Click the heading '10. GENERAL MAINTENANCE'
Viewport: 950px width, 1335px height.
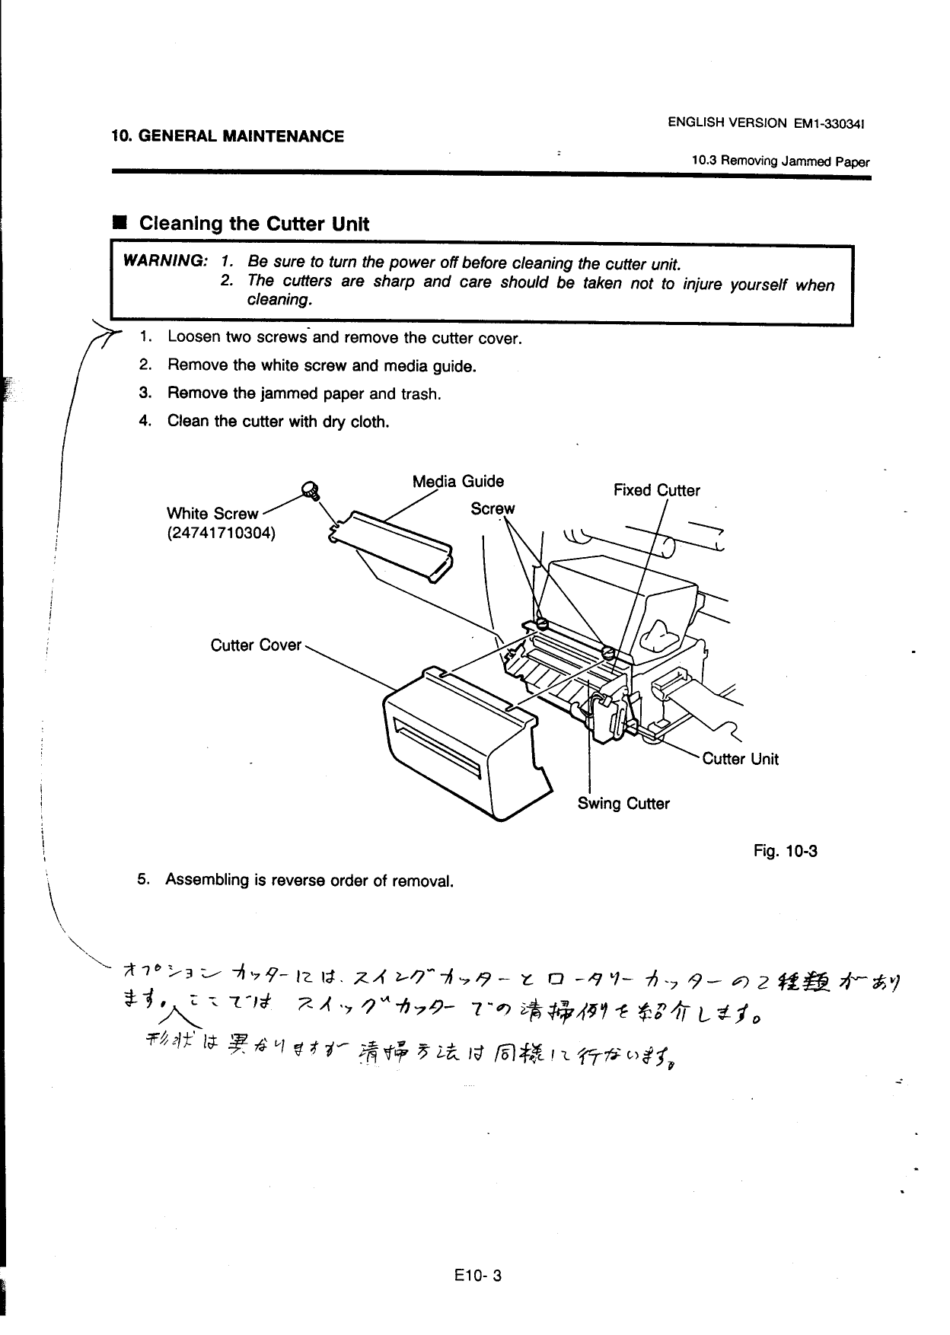(228, 136)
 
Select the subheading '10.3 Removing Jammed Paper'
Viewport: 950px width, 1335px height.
(780, 161)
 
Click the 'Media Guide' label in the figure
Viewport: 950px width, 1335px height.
(457, 481)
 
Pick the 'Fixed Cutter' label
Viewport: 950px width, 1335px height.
(656, 490)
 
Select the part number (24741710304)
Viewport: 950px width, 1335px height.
(221, 532)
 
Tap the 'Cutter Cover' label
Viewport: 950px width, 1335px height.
(256, 645)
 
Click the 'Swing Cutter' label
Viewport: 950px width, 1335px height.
(623, 804)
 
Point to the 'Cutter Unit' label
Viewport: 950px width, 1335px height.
(740, 759)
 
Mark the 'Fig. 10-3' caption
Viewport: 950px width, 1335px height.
(785, 850)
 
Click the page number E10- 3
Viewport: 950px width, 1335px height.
(475, 1276)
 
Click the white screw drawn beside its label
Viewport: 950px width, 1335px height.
(310, 490)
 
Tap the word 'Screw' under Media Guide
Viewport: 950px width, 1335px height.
(493, 508)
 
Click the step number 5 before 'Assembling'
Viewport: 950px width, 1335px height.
(142, 879)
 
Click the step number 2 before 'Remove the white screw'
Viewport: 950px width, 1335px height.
(143, 365)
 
